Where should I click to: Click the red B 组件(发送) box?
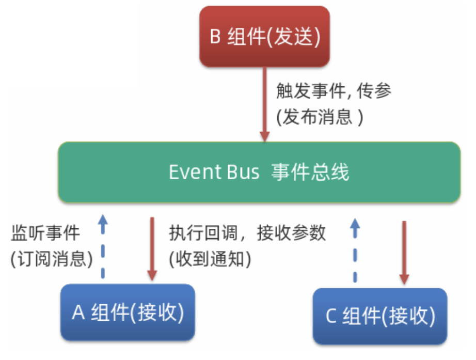tap(265, 37)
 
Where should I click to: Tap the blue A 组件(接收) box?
tap(128, 312)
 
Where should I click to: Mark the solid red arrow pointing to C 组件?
tap(404, 252)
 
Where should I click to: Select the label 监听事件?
tap(45, 233)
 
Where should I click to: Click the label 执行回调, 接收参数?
tap(247, 233)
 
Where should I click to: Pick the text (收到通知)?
tap(210, 258)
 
